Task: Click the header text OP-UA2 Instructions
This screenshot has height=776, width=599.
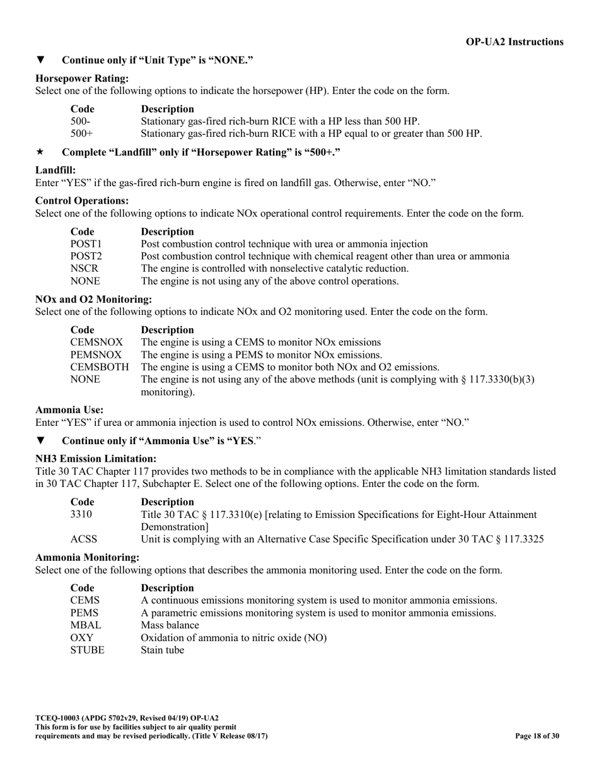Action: coord(515,42)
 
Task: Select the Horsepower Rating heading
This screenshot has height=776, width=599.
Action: coord(82,78)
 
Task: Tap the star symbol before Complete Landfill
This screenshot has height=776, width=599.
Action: coord(40,152)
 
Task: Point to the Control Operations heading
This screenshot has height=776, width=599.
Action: coord(82,201)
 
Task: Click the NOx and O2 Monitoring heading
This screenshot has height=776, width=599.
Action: coord(93,299)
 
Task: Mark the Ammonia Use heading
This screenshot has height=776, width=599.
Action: coord(69,409)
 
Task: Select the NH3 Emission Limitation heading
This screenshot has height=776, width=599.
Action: coord(96,459)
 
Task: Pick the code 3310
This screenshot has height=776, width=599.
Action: coord(81,515)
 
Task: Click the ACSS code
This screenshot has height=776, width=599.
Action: coord(83,539)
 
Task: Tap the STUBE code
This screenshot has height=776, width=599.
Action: coord(87,650)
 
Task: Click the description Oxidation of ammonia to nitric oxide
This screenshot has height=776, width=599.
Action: coord(233,638)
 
